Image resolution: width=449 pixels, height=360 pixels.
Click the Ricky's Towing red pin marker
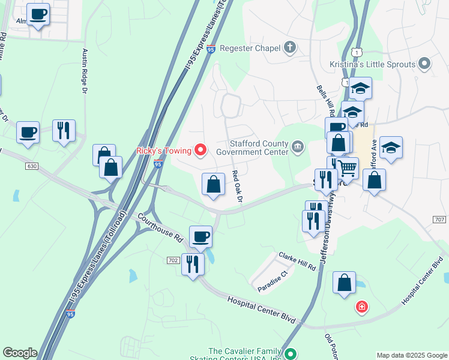click(x=200, y=150)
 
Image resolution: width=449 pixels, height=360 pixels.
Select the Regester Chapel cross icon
click(x=290, y=47)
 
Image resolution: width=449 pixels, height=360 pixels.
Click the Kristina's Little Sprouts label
click(x=381, y=64)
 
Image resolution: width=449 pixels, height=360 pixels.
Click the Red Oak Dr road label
click(x=238, y=186)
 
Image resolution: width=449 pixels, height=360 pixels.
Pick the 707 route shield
click(x=440, y=220)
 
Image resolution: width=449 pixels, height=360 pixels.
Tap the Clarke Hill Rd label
click(x=297, y=261)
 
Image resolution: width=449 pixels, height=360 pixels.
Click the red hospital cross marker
click(x=361, y=308)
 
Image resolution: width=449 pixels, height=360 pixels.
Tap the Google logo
click(x=20, y=353)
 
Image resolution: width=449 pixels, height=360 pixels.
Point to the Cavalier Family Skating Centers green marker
click(x=291, y=354)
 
